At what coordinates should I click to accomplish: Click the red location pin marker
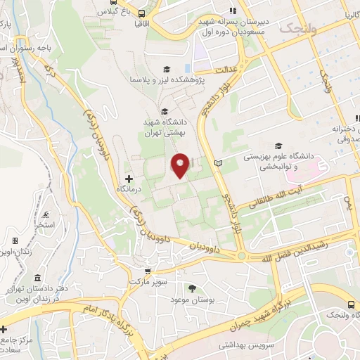pyautogui.click(x=181, y=165)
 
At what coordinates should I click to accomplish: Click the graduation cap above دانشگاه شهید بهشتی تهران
pyautogui.click(x=164, y=110)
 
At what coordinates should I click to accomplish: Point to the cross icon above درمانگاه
pyautogui.click(x=128, y=179)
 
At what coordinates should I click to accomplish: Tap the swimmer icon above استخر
pyautogui.click(x=46, y=214)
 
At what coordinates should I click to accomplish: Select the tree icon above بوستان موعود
pyautogui.click(x=193, y=288)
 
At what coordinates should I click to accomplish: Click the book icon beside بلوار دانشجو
pyautogui.click(x=217, y=162)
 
